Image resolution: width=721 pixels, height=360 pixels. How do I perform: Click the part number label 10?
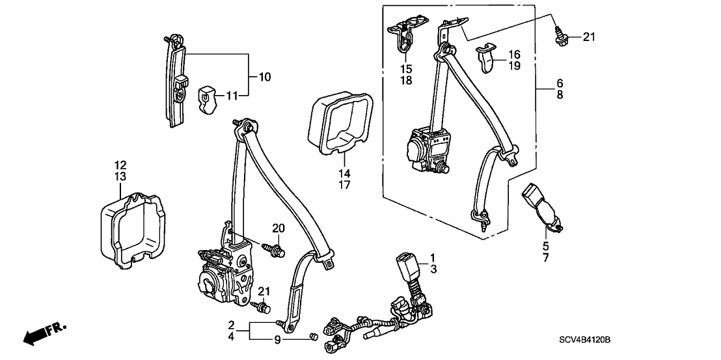click(x=265, y=77)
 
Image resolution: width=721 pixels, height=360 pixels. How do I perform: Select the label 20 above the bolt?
click(x=279, y=228)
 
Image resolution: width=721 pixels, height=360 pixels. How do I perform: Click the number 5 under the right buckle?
click(x=545, y=246)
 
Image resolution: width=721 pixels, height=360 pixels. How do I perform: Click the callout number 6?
click(x=559, y=83)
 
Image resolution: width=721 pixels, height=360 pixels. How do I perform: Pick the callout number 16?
click(x=514, y=55)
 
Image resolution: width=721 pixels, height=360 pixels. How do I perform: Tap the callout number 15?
click(x=406, y=69)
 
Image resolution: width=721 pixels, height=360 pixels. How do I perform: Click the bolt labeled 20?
click(x=273, y=249)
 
